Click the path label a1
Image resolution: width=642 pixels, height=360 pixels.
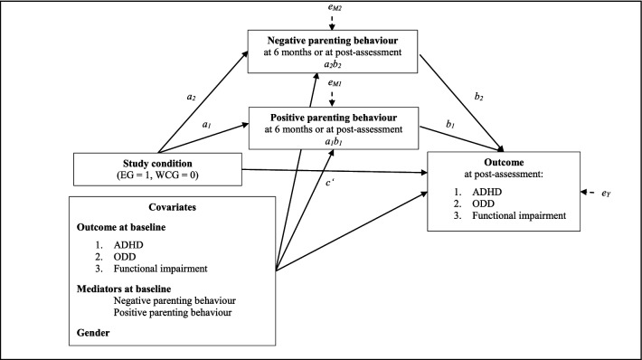[207, 124]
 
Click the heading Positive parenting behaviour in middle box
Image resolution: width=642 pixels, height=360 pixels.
[333, 118]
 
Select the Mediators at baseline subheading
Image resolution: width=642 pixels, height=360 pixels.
[133, 289]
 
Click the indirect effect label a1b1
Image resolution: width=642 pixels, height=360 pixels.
[333, 143]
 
